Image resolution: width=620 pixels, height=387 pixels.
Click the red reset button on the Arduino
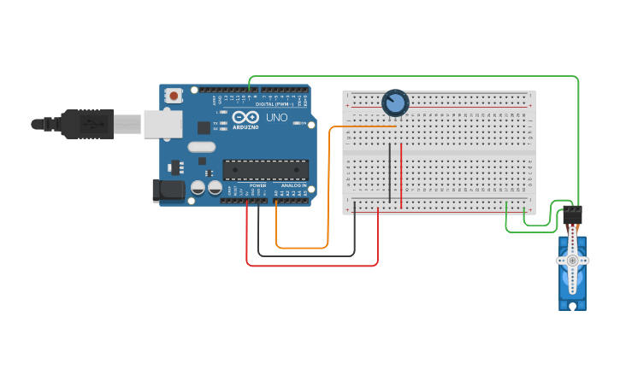pos(174,96)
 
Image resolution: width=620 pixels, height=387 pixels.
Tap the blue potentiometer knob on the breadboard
pos(395,103)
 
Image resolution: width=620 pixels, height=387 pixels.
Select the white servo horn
pos(572,261)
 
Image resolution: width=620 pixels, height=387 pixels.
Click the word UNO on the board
pos(276,117)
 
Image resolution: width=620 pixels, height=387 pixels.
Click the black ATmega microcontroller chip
pos(265,170)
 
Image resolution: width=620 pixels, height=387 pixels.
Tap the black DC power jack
pos(168,191)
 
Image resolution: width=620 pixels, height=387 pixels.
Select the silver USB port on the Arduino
pos(162,124)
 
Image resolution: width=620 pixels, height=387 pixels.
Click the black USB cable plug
pos(86,124)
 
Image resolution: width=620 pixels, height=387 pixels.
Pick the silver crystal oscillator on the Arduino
pos(202,147)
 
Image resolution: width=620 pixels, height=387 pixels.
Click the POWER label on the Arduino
pos(257,185)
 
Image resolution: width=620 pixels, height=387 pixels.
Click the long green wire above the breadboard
pos(410,76)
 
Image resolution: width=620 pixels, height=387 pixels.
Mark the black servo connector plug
pos(572,214)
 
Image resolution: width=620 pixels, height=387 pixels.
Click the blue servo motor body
pos(572,290)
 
